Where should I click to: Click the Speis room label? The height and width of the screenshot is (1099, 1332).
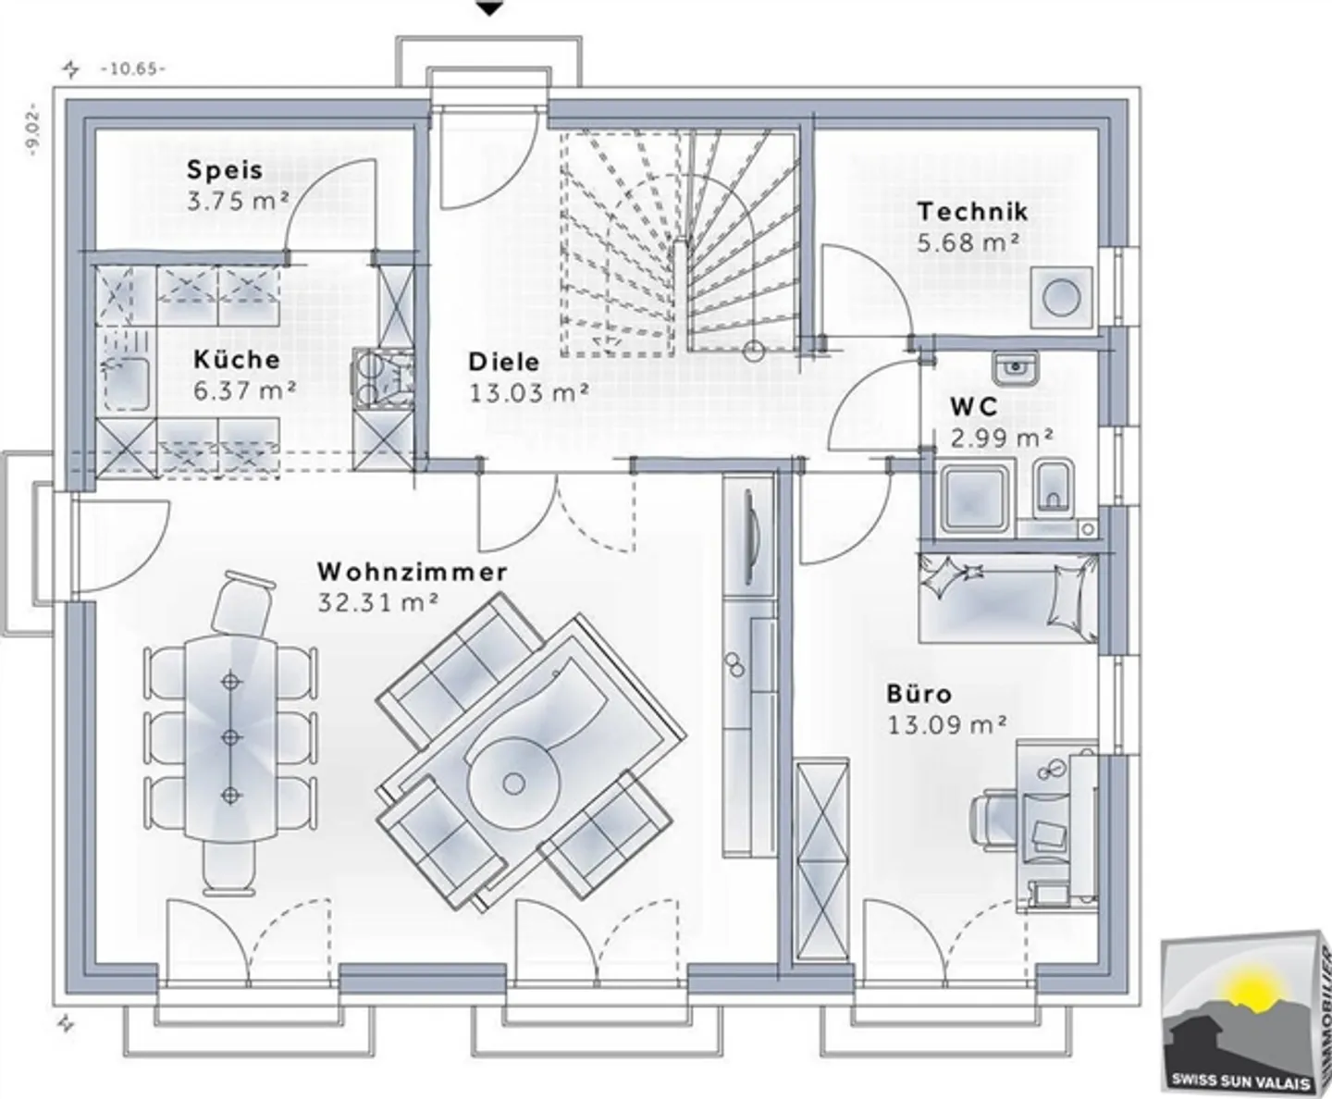click(225, 170)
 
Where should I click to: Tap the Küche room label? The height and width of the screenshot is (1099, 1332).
click(237, 359)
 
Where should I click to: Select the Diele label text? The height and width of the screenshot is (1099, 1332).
click(503, 361)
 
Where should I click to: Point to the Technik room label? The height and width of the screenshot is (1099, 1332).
click(972, 212)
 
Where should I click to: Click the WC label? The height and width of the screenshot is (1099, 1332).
click(974, 407)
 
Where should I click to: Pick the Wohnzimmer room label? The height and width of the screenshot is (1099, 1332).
click(412, 572)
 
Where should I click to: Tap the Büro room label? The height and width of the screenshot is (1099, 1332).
click(919, 694)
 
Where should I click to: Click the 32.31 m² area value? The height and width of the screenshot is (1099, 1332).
click(378, 602)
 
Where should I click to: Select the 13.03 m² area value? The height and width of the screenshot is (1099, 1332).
click(529, 392)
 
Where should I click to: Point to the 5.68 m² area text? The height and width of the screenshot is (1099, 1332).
click(969, 242)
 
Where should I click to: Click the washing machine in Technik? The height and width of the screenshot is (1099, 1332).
click(1062, 297)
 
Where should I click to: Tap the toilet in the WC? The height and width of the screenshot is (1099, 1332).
click(1051, 486)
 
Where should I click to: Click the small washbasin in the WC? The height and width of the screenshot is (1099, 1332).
click(1015, 367)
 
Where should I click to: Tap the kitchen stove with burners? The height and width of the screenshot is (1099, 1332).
click(380, 378)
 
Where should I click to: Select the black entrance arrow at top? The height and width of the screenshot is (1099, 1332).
click(490, 8)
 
